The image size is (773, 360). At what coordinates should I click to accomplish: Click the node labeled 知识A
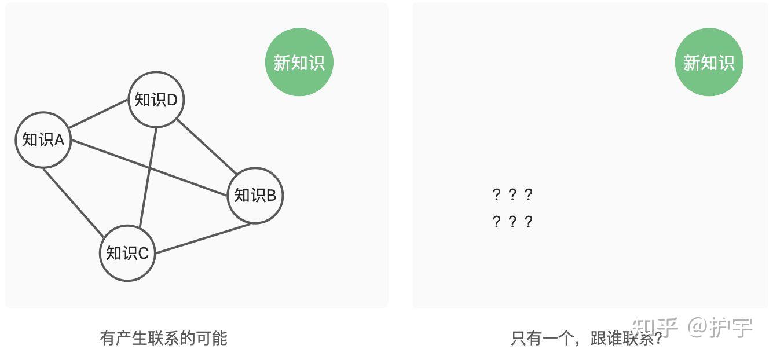click(43, 140)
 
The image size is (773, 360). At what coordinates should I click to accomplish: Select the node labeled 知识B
click(255, 196)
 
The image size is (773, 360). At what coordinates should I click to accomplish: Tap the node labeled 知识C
click(127, 253)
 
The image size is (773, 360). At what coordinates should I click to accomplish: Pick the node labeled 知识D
click(156, 100)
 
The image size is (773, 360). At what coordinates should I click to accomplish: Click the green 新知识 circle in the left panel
click(299, 63)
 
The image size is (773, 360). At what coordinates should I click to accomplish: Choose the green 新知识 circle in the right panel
click(709, 63)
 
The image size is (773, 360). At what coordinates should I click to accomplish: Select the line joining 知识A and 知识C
click(74, 201)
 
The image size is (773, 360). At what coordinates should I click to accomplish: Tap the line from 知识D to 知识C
click(148, 177)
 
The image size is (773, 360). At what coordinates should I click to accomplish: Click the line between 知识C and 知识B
click(203, 238)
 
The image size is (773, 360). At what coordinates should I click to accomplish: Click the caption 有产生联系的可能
click(164, 338)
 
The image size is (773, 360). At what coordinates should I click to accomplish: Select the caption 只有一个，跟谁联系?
click(587, 338)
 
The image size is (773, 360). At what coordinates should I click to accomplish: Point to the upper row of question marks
click(512, 194)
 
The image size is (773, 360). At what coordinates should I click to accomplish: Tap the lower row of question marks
click(512, 222)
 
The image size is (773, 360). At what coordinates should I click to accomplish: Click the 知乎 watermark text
click(655, 327)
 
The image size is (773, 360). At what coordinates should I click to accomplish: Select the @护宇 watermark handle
click(720, 327)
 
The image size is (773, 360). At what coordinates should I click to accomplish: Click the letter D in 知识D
click(172, 100)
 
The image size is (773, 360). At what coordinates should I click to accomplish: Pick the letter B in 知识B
click(271, 196)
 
